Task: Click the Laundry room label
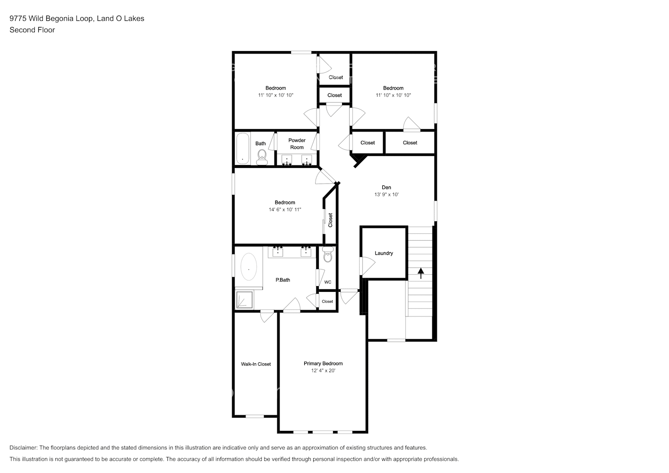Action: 384,253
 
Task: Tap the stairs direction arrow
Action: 421,273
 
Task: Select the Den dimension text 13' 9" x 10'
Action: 387,194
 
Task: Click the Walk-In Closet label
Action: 255,364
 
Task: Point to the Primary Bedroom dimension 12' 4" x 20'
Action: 323,371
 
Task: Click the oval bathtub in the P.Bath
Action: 249,268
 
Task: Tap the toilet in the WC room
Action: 327,255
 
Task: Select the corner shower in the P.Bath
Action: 245,300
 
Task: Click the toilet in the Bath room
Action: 262,156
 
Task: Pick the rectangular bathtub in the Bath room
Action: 243,148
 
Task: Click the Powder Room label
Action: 297,144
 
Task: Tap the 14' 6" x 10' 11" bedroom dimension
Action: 285,210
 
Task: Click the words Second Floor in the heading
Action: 32,30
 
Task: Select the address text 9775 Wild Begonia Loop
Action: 52,18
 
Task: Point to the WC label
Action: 327,282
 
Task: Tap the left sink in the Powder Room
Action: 287,159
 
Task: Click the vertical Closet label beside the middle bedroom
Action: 330,219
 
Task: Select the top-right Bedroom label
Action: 393,88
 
